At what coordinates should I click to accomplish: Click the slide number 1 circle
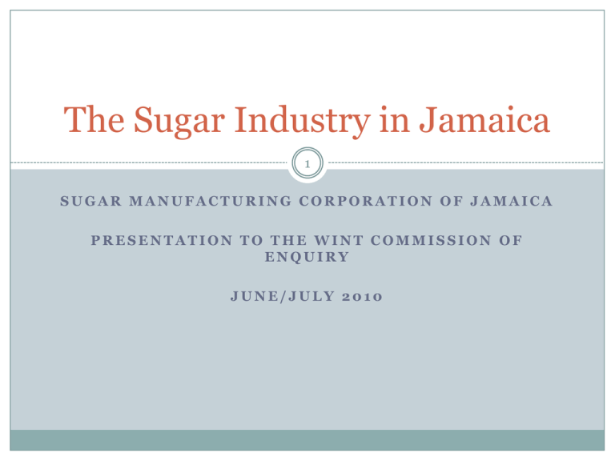pos(307,162)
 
